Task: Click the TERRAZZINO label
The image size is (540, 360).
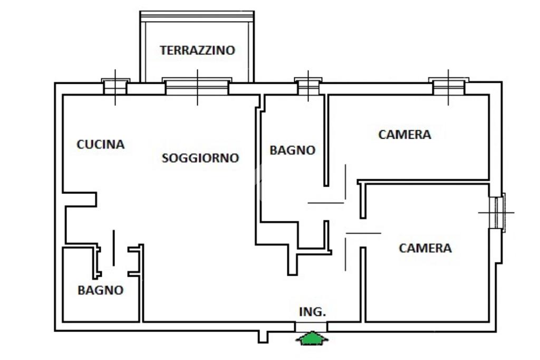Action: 197,51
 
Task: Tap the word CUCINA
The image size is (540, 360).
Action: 101,144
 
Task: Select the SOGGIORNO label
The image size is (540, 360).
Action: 200,158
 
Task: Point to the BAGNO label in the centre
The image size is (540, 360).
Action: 292,150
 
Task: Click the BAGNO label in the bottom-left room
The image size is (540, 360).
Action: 101,290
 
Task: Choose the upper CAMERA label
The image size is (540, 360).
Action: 404,134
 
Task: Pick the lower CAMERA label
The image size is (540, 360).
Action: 425,248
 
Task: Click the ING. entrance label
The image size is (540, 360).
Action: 313,312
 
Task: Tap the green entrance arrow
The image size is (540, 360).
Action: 312,338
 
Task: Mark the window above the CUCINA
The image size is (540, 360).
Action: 115,87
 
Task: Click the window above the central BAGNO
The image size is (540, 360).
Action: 308,87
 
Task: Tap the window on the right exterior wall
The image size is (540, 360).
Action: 497,212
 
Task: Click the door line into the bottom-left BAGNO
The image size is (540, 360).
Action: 113,248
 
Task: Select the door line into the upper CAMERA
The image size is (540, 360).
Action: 345,182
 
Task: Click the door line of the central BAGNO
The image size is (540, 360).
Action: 326,203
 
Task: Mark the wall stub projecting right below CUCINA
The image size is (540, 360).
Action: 81,199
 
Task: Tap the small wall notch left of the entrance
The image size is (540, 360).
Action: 263,336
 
